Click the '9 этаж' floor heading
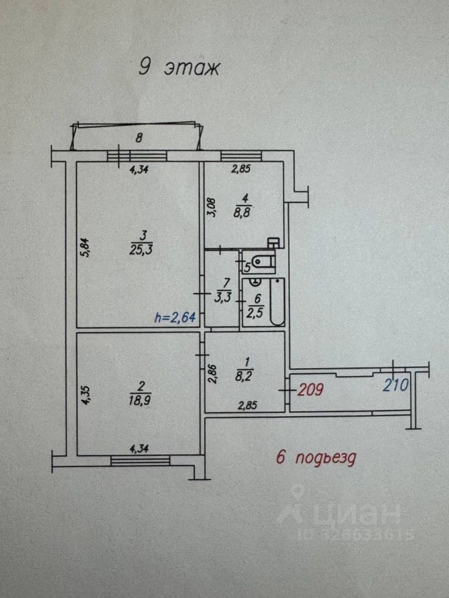click(x=178, y=67)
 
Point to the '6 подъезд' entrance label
click(x=316, y=459)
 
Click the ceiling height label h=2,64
click(x=175, y=318)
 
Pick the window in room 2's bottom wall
click(x=140, y=460)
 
